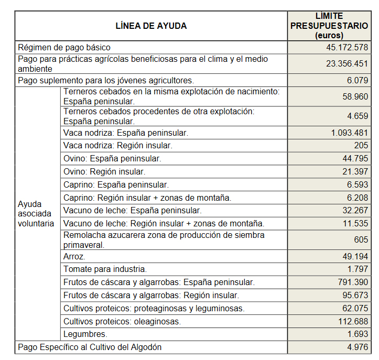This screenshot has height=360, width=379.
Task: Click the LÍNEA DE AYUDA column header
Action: pyautogui.click(x=151, y=26)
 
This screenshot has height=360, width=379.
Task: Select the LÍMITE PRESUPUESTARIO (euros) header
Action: pyautogui.click(x=329, y=26)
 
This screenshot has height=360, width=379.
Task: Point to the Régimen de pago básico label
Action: pyautogui.click(x=62, y=47)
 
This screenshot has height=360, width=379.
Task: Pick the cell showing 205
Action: pyautogui.click(x=361, y=146)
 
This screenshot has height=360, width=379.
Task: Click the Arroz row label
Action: pyautogui.click(x=74, y=257)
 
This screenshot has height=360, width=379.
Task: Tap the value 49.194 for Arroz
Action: pyautogui.click(x=355, y=257)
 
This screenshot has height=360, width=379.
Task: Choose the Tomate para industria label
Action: pyautogui.click(x=105, y=269)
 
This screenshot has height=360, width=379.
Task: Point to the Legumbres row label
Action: pyautogui.click(x=85, y=334)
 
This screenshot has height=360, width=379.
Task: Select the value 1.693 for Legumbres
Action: pyautogui.click(x=358, y=334)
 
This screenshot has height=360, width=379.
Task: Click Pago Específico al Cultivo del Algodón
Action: pyautogui.click(x=90, y=347)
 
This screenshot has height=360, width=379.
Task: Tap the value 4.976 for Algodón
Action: pyautogui.click(x=358, y=347)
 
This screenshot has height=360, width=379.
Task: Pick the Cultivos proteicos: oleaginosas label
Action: pyautogui.click(x=122, y=321)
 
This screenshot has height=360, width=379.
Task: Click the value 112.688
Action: pyautogui.click(x=353, y=321)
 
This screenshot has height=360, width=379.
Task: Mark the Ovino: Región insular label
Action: pyautogui.click(x=104, y=171)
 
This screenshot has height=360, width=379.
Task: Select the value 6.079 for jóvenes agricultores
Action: pyautogui.click(x=358, y=81)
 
